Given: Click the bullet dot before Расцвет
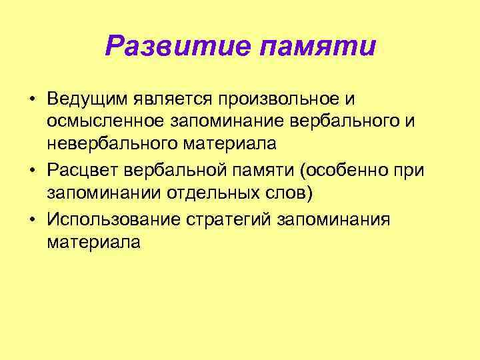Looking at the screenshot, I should pyautogui.click(x=31, y=170).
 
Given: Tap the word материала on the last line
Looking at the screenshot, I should pyautogui.click(x=93, y=241).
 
